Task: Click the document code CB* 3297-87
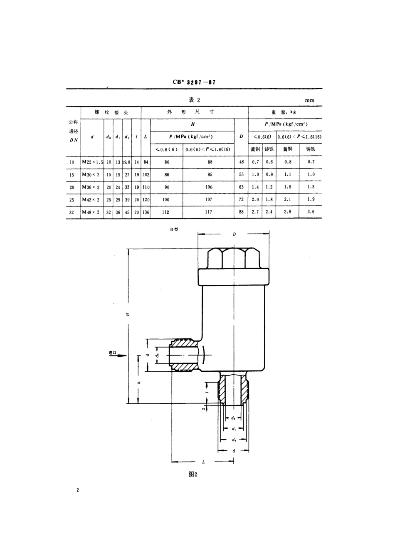(194, 82)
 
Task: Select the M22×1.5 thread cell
(91, 162)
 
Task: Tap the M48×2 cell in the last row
(91, 212)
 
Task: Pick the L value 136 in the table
(146, 212)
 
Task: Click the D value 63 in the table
(241, 187)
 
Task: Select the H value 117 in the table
(209, 212)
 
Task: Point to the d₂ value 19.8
(127, 162)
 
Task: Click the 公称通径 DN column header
(73, 131)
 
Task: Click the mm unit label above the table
(309, 100)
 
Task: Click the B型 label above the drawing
(173, 229)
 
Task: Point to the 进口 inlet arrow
(118, 355)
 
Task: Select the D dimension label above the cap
(234, 234)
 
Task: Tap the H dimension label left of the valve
(128, 315)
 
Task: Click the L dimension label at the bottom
(203, 462)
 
